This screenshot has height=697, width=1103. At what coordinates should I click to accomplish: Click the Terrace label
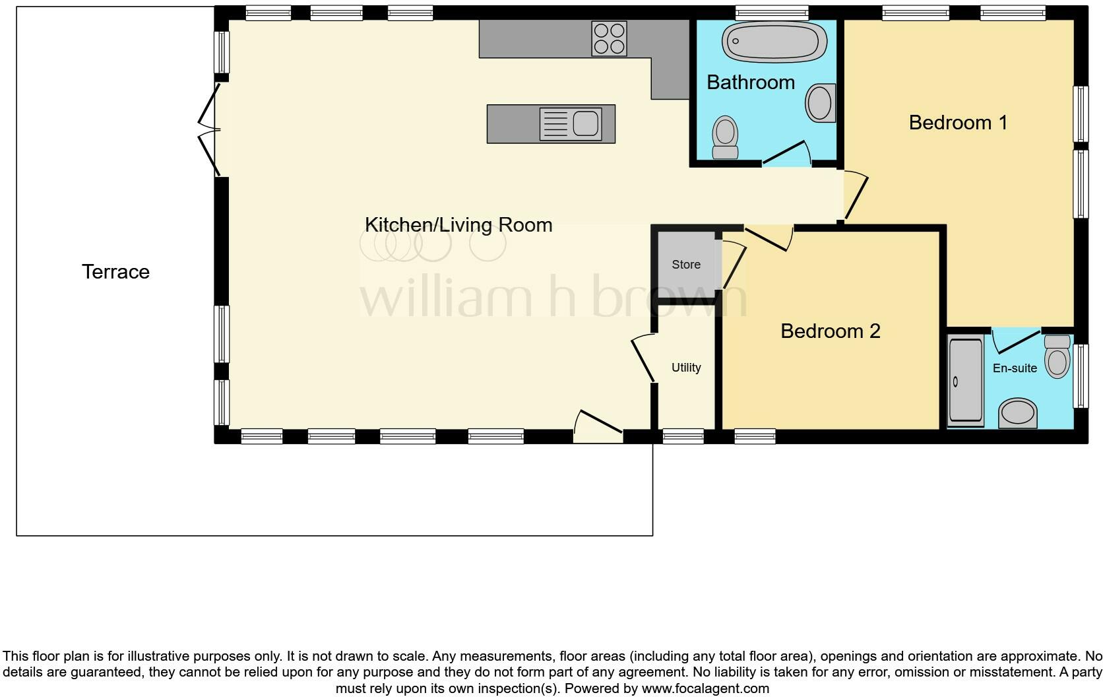tap(115, 271)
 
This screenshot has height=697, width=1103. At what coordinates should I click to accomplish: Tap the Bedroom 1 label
tap(958, 122)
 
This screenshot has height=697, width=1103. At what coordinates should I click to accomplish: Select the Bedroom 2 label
tap(830, 331)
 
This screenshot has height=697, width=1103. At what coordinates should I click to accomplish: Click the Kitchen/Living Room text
tap(458, 224)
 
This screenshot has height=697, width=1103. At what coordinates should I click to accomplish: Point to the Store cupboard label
tap(685, 264)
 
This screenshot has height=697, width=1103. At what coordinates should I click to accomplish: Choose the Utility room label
tap(685, 368)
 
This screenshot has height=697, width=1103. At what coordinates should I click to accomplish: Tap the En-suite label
tap(1014, 368)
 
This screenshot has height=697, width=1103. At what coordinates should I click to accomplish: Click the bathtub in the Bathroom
tap(774, 42)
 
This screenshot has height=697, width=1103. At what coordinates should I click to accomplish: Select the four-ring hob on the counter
tap(609, 38)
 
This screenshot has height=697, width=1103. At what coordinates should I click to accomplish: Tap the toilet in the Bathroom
tap(725, 137)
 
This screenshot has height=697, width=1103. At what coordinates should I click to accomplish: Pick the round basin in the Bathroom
tap(820, 103)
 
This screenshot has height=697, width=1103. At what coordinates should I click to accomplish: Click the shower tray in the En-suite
tap(964, 380)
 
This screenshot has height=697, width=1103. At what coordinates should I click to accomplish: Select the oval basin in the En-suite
tap(1018, 413)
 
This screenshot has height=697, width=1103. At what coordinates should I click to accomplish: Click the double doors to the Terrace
tap(210, 129)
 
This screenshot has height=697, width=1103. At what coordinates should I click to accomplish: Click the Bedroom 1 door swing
tap(856, 195)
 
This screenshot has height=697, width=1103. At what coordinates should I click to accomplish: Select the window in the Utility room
tap(683, 436)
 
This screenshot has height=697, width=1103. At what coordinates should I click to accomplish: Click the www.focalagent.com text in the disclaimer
tap(705, 688)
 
